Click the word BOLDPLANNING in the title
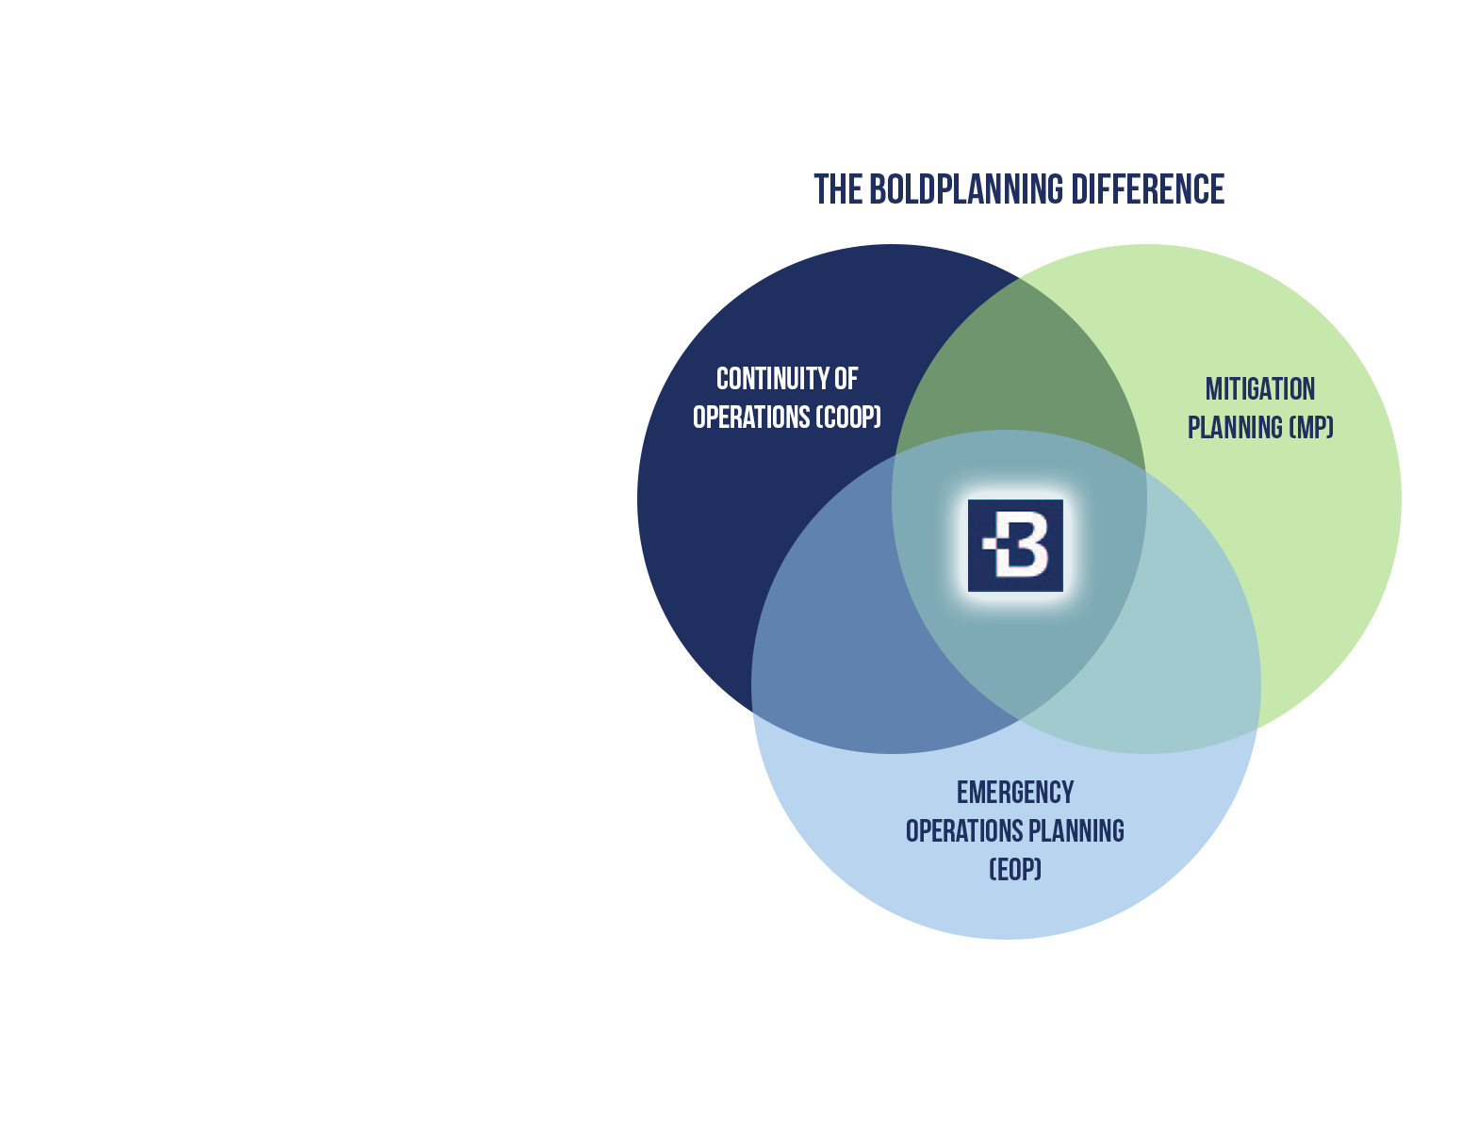(965, 188)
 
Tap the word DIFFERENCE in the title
(1147, 188)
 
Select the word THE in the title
(838, 188)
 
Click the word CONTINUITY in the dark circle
(772, 379)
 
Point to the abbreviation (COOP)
(847, 417)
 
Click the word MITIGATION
(1259, 388)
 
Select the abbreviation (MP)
(1310, 427)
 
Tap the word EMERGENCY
(1014, 792)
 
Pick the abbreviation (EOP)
(1014, 869)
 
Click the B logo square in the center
(1014, 546)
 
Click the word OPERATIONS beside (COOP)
(751, 417)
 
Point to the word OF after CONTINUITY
(846, 379)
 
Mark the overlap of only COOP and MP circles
(1020, 363)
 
